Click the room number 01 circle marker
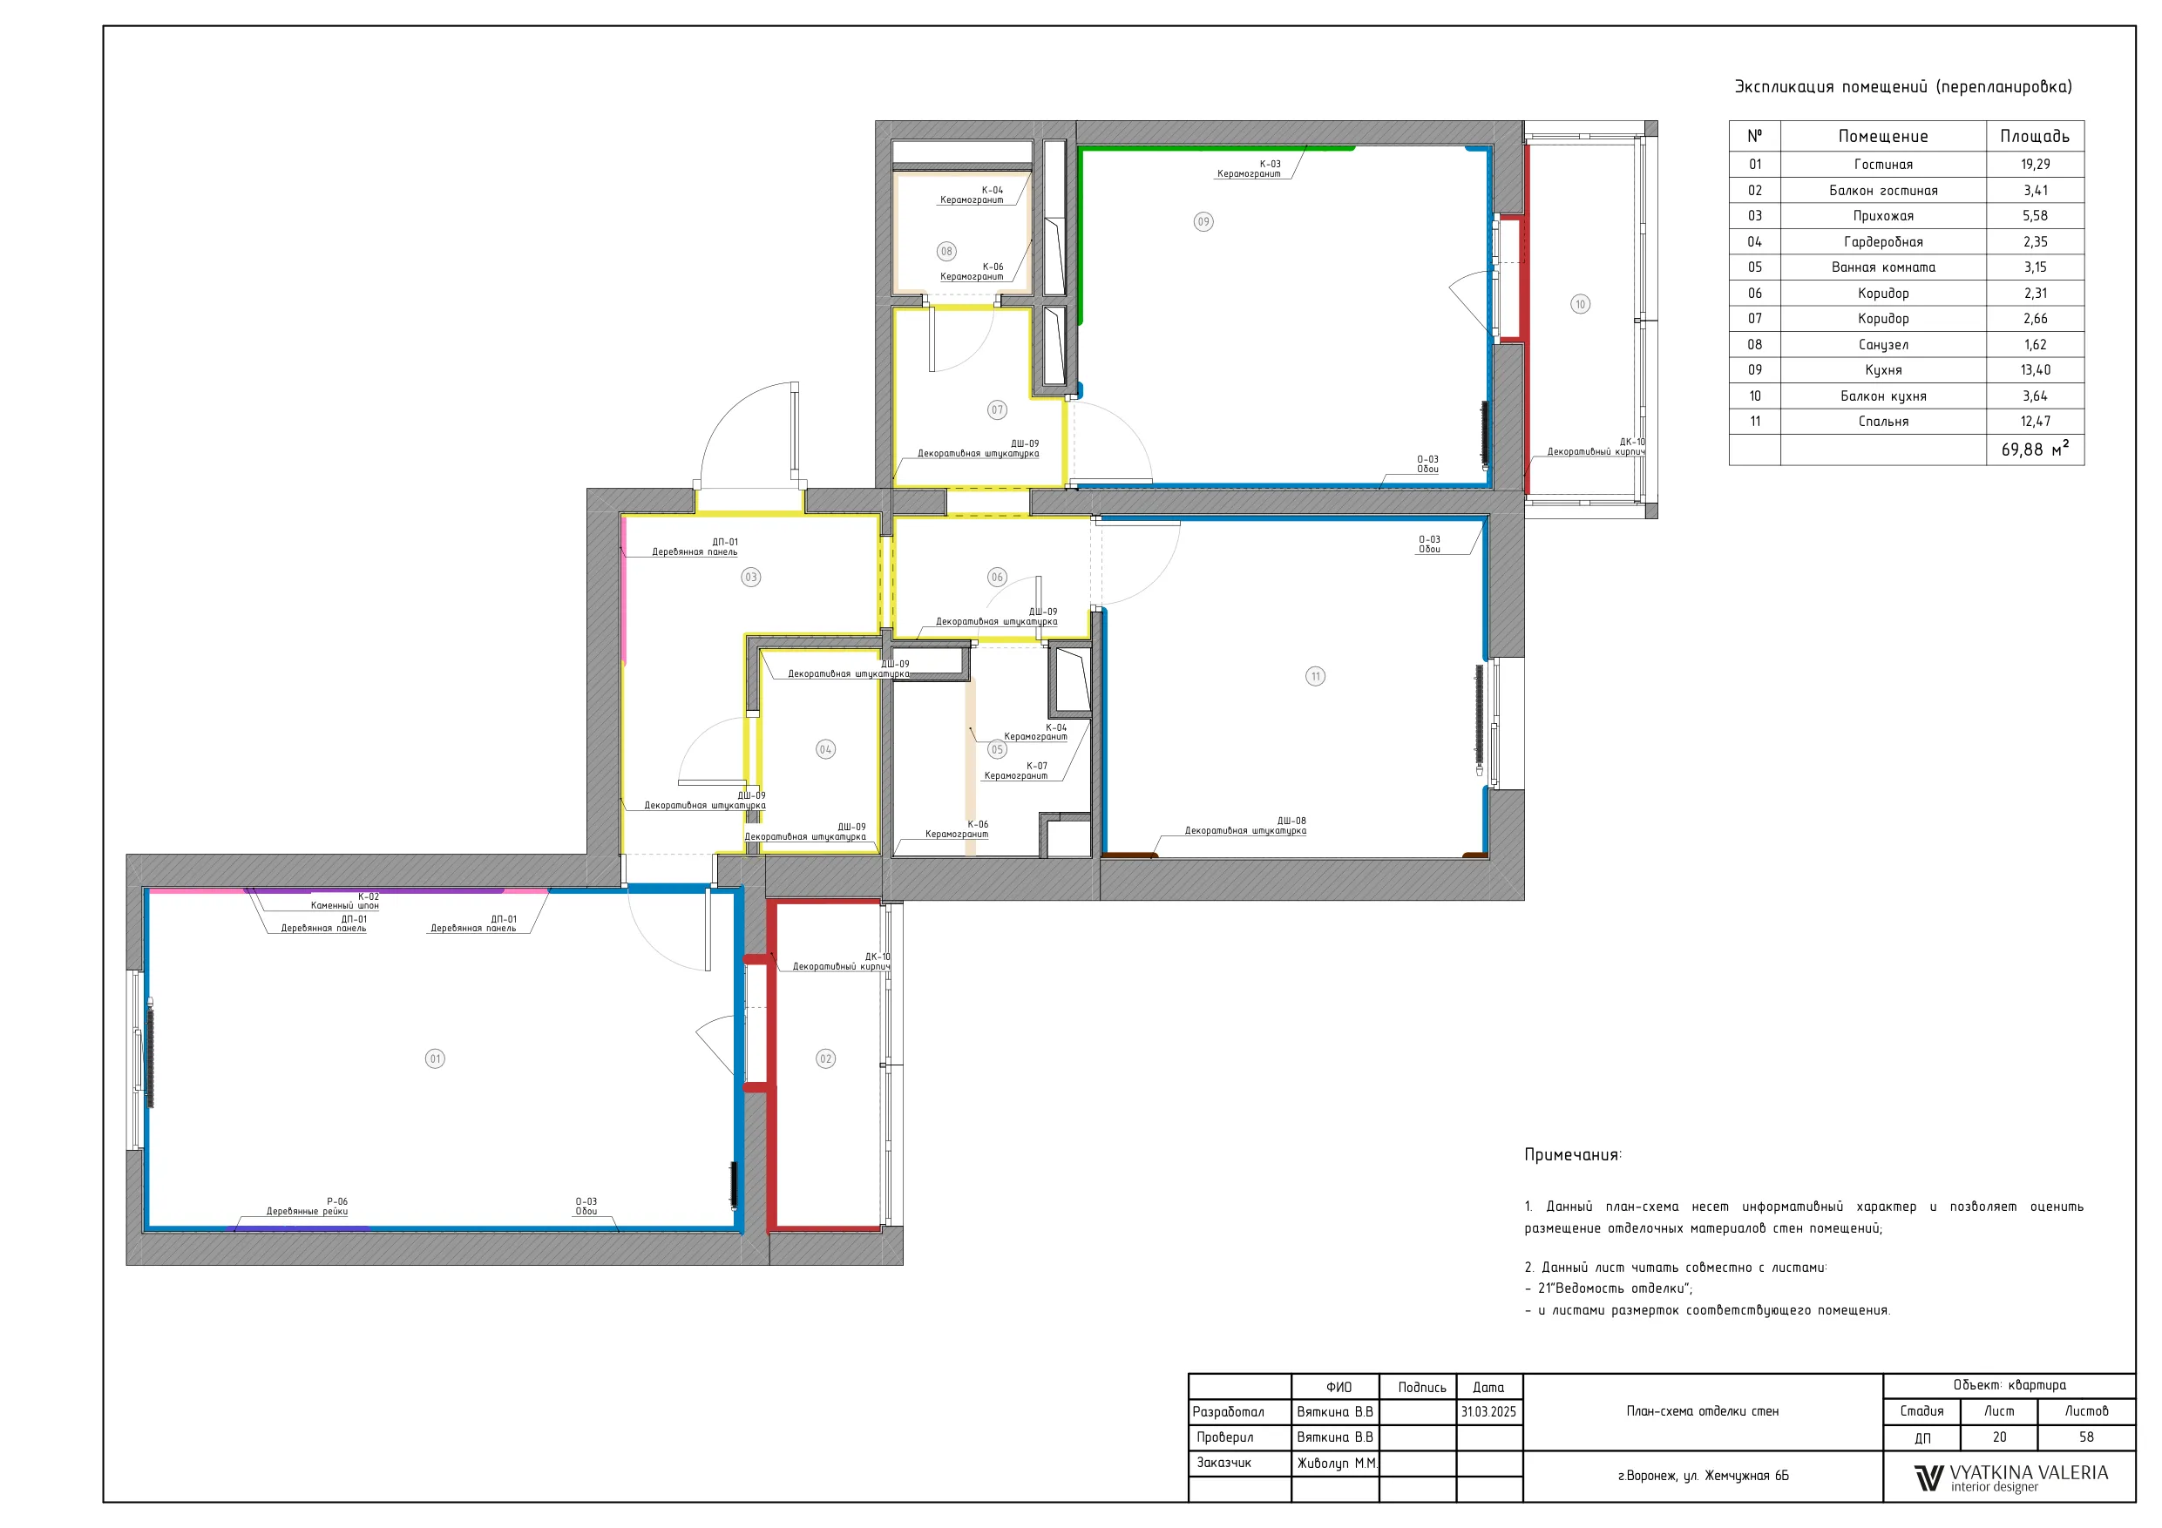pos(435,1058)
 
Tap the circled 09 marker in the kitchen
pos(1203,222)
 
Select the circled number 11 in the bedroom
pos(1316,676)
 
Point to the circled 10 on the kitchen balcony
pos(1580,304)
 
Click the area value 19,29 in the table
pos(2035,165)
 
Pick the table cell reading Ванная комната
pos(1883,267)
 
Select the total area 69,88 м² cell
pos(2035,450)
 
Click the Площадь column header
pos(2035,137)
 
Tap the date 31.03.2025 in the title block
pos(1488,1411)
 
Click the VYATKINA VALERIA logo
pos(2011,1477)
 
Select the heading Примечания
pos(1574,1155)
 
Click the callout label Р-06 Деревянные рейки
pos(307,1206)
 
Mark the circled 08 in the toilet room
pos(946,252)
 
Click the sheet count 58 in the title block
pos(2087,1437)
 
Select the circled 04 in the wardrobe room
pos(825,749)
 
